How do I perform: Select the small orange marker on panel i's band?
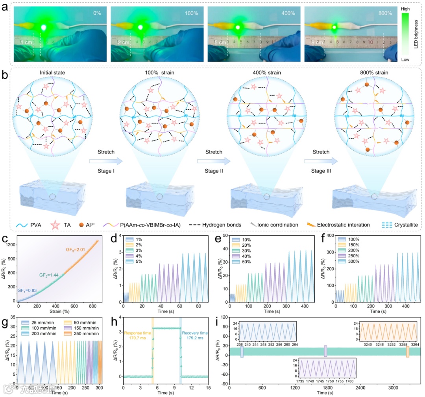(408, 351)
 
